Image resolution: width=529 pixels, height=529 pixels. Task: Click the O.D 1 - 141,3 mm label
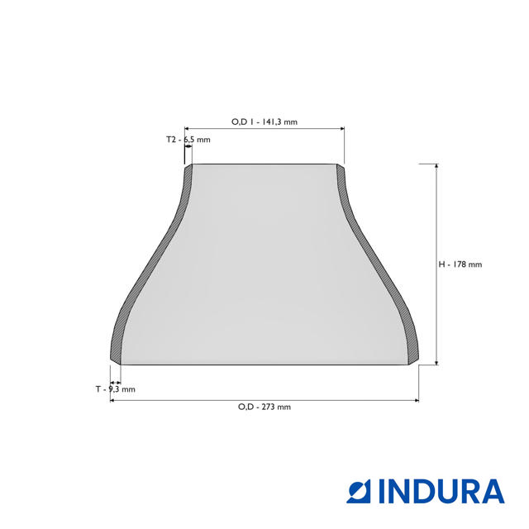tap(264, 122)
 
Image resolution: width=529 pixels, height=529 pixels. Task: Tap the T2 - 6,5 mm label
tap(188, 140)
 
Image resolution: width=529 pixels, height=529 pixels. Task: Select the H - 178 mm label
tap(460, 264)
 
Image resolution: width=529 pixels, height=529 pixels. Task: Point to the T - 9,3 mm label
tap(115, 388)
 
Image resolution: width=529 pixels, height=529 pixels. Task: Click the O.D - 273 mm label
tap(264, 407)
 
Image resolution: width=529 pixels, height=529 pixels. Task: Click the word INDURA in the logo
tap(441, 491)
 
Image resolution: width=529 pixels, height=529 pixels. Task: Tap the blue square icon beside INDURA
tap(360, 491)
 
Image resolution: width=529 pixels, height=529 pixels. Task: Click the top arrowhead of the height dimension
tap(436, 166)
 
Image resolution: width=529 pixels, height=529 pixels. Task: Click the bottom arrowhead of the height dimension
tap(436, 361)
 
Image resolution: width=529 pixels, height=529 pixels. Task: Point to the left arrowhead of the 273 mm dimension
tap(112, 400)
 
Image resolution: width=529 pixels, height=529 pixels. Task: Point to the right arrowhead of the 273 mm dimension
tap(416, 400)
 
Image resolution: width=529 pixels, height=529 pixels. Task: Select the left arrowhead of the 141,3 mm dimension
tap(187, 129)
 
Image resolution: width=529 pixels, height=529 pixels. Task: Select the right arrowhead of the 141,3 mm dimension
tap(341, 129)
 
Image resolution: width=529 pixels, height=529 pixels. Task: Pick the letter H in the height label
tap(442, 264)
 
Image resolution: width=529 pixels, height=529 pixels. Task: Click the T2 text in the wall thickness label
tap(172, 140)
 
